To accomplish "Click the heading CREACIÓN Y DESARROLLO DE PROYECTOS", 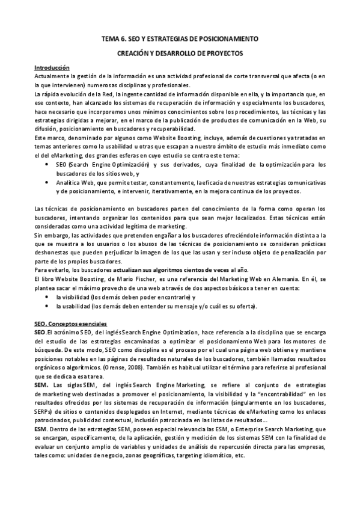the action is pos(180,53).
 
